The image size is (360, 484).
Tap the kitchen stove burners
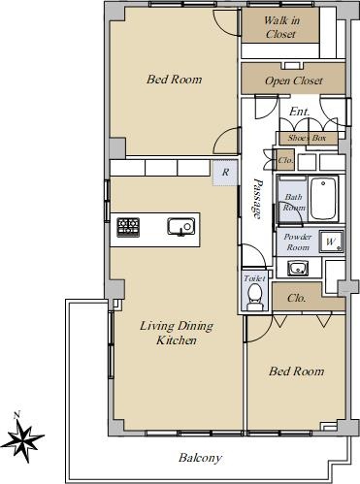pos(128,227)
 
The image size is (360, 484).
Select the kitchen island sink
pos(181,226)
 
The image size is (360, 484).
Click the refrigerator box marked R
pos(225,173)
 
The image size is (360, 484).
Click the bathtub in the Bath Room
pos(323,200)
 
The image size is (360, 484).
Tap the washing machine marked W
pos(331,242)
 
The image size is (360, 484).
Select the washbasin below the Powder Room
pos(298,269)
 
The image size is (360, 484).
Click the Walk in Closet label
pos(280,27)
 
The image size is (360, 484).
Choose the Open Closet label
pos(293,81)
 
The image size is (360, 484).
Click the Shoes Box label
pos(307,138)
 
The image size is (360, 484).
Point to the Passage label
pos(257,198)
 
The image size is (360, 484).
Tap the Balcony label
pos(200,458)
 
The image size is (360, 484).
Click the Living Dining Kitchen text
pos(177,333)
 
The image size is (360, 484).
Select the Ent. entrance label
pos(299,112)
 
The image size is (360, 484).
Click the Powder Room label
pos(298,242)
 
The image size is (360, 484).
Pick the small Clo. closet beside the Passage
pos(285,160)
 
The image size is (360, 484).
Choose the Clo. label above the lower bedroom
pos(297,298)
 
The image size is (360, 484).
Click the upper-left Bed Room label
pos(174,80)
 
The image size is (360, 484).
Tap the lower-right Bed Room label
pos(296,371)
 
